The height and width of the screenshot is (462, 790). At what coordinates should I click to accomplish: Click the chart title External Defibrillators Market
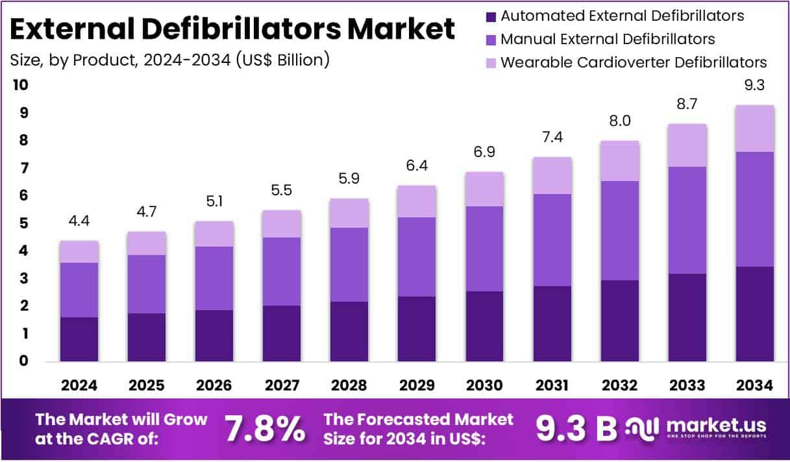pos(232,29)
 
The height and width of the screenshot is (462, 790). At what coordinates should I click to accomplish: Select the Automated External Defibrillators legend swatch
pos(491,16)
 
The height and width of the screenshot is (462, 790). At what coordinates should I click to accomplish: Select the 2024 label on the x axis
pos(79,385)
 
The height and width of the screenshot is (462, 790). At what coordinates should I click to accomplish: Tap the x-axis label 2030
pos(484,385)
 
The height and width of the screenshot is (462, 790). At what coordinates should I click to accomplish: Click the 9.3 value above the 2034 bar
pos(755,85)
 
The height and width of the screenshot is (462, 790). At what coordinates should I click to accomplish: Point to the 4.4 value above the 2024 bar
pos(79,221)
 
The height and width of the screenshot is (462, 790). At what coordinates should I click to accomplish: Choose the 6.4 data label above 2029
pos(417,165)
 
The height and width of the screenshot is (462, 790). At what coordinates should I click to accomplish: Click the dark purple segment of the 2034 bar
pos(755,313)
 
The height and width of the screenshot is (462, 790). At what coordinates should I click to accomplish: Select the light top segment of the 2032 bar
pos(619,161)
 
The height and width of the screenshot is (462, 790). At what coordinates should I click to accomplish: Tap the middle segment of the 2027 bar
pos(282,271)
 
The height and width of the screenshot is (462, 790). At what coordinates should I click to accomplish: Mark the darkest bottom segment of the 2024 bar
pos(79,339)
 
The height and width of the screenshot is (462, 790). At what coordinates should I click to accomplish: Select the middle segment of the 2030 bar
pos(484,249)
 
